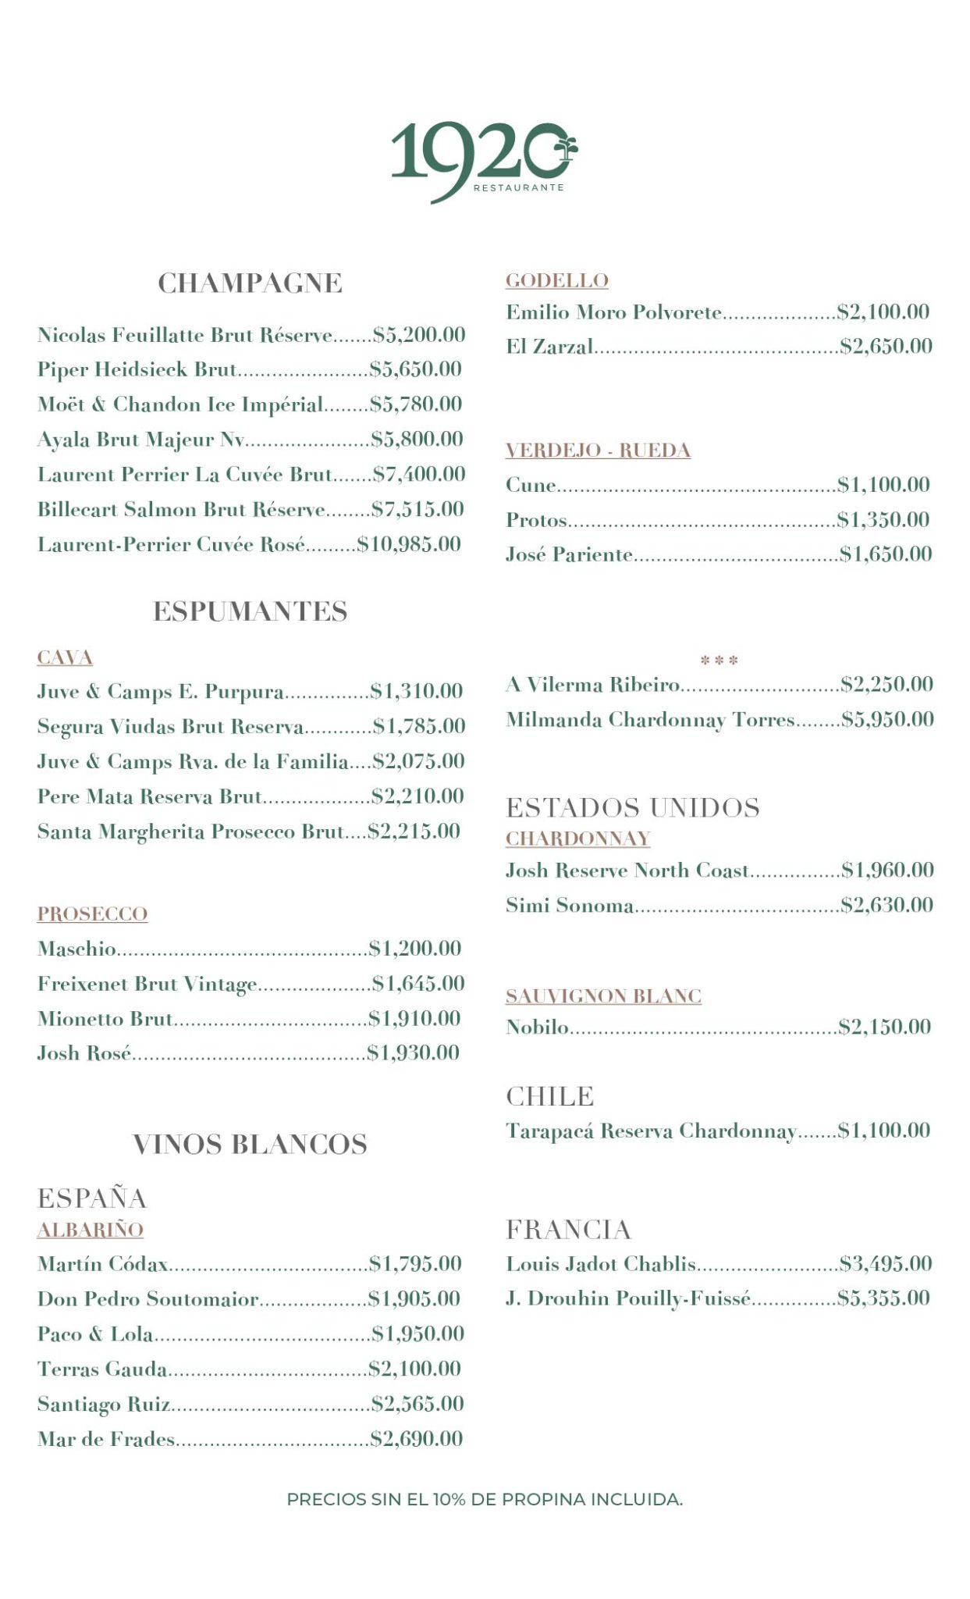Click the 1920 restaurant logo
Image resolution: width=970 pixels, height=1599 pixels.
484,161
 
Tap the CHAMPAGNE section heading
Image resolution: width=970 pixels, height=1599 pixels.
250,283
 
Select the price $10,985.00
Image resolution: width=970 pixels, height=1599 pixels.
409,544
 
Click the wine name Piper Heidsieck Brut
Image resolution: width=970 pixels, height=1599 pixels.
137,369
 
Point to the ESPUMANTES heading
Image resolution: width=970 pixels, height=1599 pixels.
250,611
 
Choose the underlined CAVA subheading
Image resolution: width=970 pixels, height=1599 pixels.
65,657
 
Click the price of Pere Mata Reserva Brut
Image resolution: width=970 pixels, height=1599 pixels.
417,796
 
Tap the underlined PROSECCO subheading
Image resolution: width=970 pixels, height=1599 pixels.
92,913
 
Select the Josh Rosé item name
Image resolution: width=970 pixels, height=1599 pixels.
84,1053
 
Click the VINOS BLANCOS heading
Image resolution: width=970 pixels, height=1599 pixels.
250,1145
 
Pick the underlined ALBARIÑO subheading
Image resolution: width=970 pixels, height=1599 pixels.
91,1230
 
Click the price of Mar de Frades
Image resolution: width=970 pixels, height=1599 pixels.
417,1438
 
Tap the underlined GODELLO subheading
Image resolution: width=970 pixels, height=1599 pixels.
557,280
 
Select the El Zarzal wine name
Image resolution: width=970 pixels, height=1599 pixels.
549,346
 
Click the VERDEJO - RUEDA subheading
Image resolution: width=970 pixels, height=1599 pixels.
598,450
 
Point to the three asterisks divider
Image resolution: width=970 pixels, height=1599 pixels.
719,661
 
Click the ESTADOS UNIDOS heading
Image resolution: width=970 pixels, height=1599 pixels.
632,807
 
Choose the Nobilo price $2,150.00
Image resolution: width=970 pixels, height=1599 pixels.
884,1027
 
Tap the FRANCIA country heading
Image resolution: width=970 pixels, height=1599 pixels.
568,1230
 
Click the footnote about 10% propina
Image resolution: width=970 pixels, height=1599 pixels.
485,1499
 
